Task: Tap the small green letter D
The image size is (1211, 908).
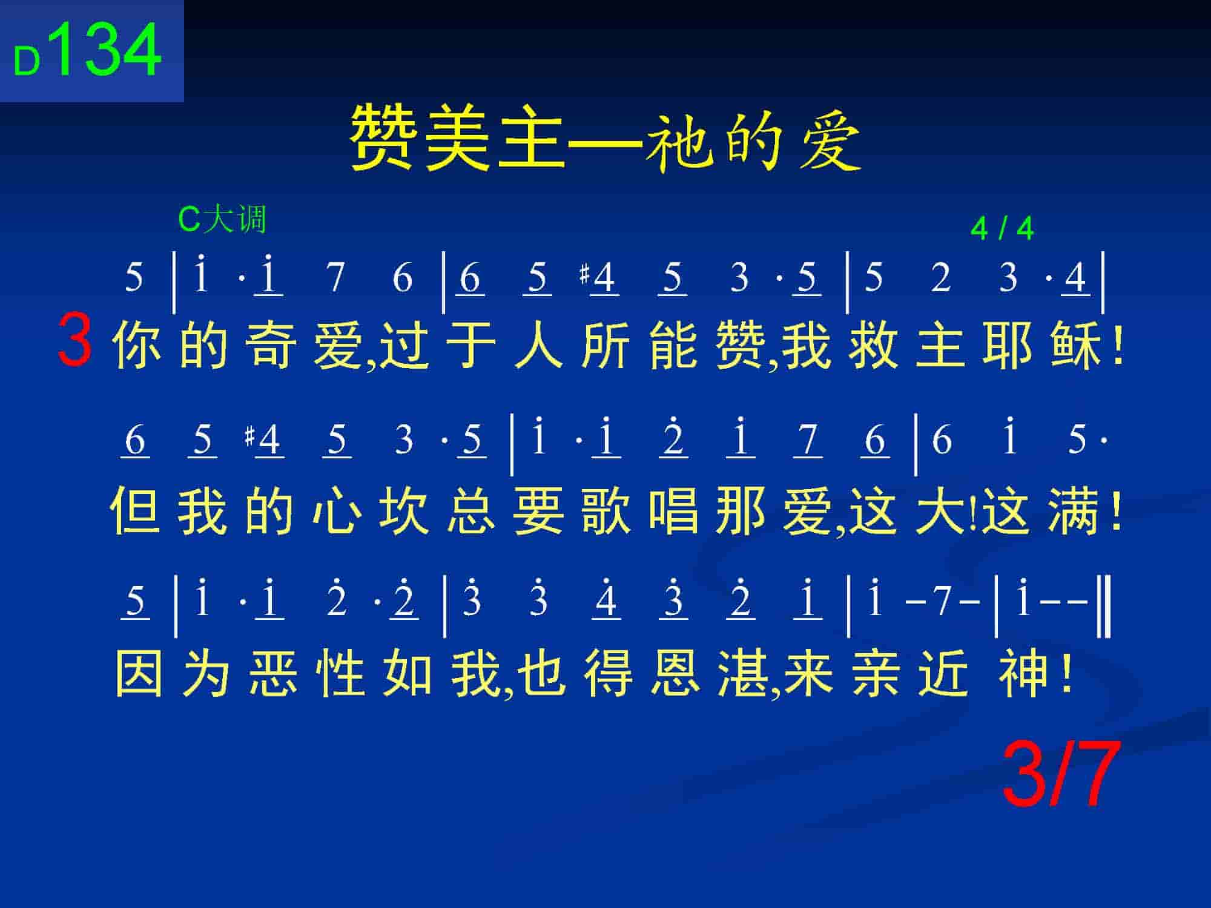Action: point(27,62)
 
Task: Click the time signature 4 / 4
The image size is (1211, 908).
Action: point(1002,229)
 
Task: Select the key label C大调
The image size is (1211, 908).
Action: point(222,219)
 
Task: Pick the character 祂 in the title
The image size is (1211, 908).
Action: point(678,140)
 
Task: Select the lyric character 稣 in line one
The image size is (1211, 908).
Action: point(1076,346)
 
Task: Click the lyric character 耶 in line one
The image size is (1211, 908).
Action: point(1008,346)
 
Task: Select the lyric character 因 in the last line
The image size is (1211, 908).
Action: point(139,674)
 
